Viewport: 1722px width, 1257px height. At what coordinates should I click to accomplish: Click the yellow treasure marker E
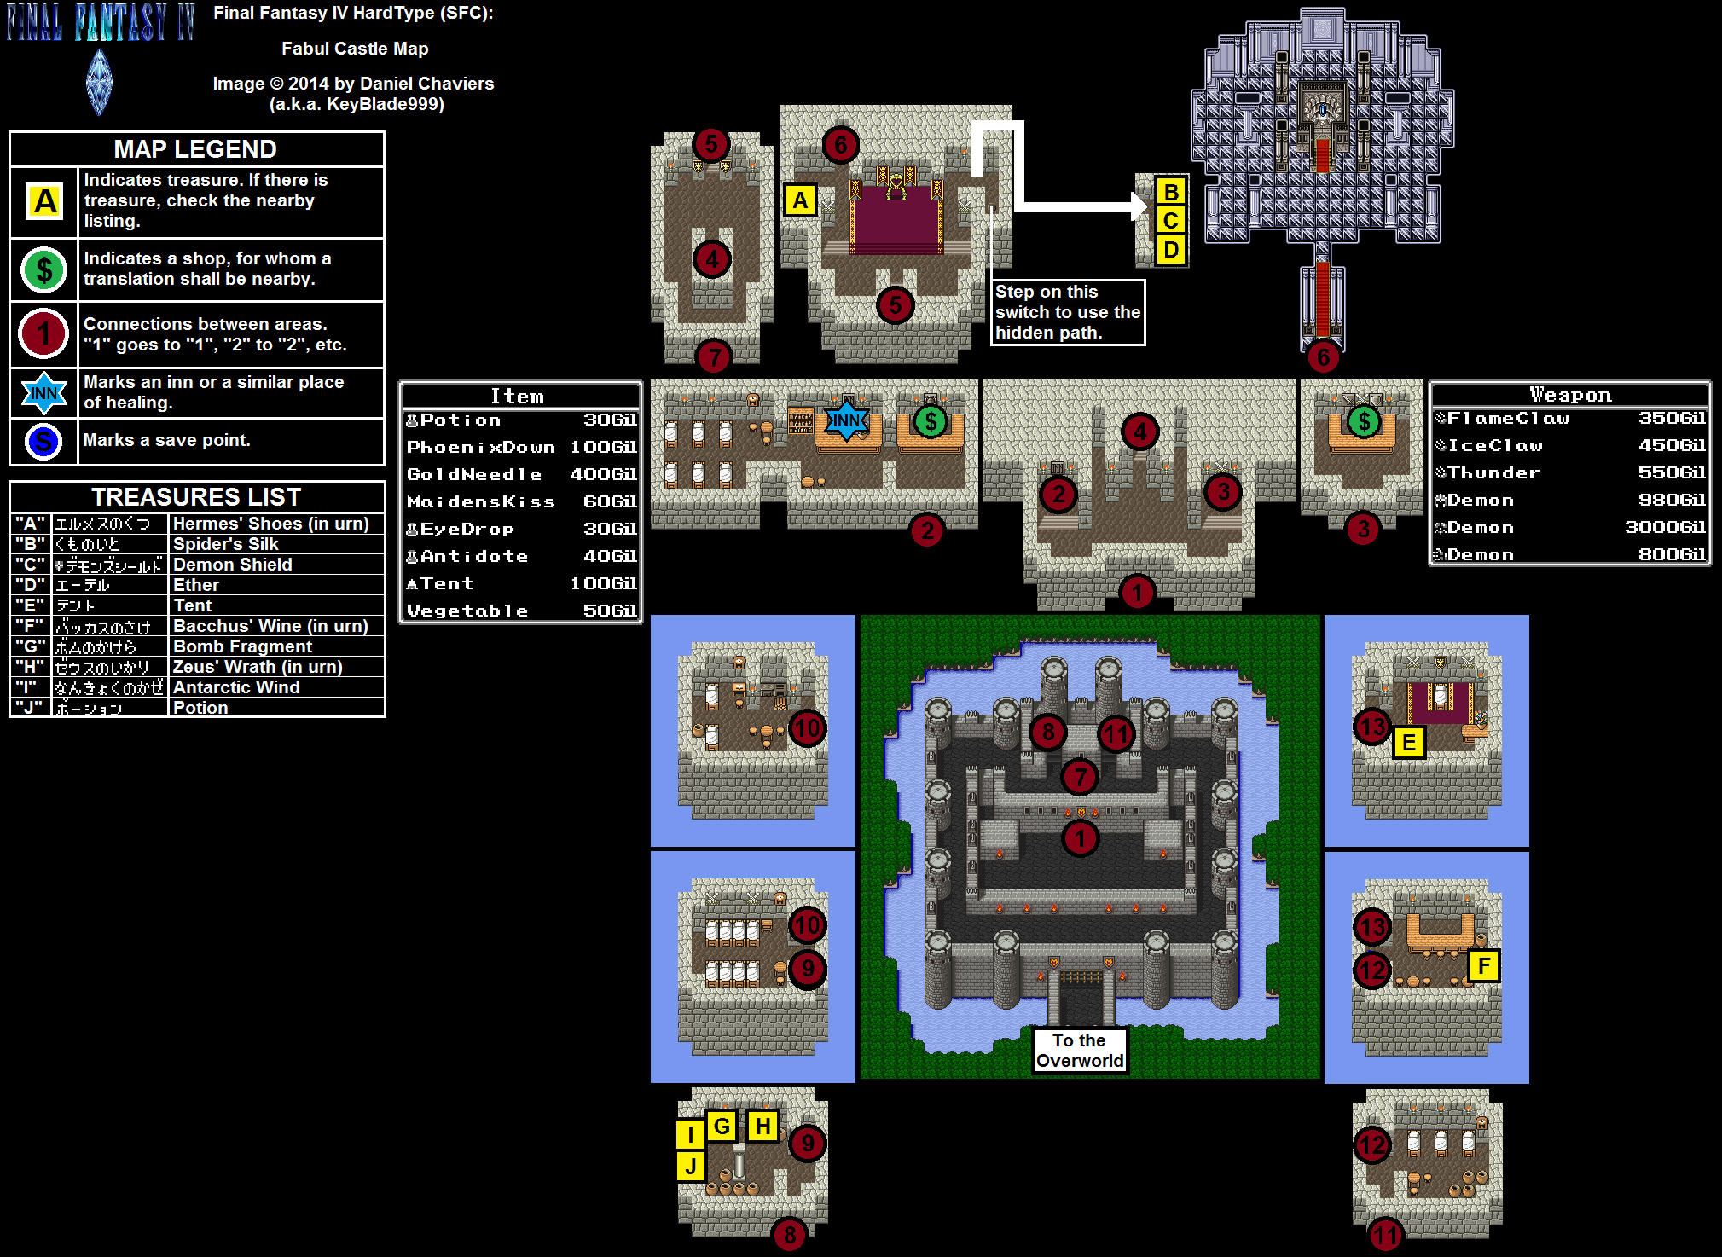pyautogui.click(x=1409, y=743)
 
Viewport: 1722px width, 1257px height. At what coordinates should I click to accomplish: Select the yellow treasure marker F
pyautogui.click(x=1484, y=966)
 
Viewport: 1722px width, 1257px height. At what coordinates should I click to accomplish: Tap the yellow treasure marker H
pyautogui.click(x=762, y=1127)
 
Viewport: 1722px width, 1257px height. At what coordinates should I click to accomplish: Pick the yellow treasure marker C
pyautogui.click(x=1171, y=221)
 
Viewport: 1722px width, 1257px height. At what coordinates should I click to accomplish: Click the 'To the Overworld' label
pyautogui.click(x=1080, y=1051)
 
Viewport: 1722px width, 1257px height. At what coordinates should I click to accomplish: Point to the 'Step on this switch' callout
pyautogui.click(x=1067, y=312)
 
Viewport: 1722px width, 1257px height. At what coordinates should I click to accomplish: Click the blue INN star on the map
pyautogui.click(x=846, y=420)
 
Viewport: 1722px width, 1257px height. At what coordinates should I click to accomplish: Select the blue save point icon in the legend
pyautogui.click(x=43, y=442)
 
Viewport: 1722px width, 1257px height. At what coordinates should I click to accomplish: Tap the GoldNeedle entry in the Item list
pyautogui.click(x=474, y=474)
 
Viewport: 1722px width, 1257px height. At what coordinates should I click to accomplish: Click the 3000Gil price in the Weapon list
pyautogui.click(x=1664, y=527)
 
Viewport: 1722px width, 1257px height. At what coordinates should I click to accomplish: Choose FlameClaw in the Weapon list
pyautogui.click(x=1508, y=418)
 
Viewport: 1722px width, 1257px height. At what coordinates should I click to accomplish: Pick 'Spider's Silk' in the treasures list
pyautogui.click(x=226, y=544)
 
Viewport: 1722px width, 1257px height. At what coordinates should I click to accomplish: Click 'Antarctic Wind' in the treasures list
pyautogui.click(x=236, y=687)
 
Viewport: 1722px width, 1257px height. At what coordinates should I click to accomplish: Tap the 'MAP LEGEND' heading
pyautogui.click(x=195, y=149)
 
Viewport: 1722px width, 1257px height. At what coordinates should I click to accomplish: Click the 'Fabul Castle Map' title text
pyautogui.click(x=355, y=49)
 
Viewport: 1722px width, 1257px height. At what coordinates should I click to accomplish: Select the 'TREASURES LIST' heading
pyautogui.click(x=196, y=497)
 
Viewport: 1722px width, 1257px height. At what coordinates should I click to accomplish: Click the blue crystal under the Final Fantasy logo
pyautogui.click(x=99, y=82)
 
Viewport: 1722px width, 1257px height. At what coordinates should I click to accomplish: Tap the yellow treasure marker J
pyautogui.click(x=690, y=1166)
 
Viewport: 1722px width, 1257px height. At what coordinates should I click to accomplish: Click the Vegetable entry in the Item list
pyautogui.click(x=467, y=611)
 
